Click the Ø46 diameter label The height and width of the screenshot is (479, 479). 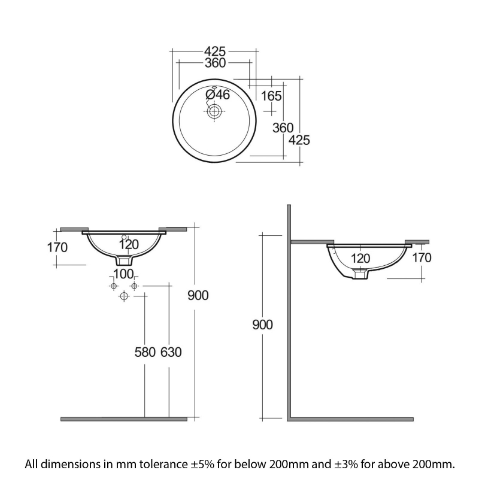pyautogui.click(x=218, y=94)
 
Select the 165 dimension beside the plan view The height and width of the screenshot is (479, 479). pyautogui.click(x=271, y=96)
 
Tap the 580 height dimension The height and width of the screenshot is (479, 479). pyautogui.click(x=144, y=352)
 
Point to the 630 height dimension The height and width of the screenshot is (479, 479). pyautogui.click(x=171, y=352)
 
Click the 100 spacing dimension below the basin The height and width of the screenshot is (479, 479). pyautogui.click(x=123, y=274)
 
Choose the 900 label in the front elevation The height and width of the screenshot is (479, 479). pyautogui.click(x=198, y=295)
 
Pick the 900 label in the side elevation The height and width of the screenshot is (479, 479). pyautogui.click(x=262, y=325)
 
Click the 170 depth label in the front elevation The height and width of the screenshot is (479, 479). pyautogui.click(x=57, y=247)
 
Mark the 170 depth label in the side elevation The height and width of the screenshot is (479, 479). pyautogui.click(x=422, y=257)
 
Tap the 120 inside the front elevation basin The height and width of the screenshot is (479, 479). pyautogui.click(x=128, y=244)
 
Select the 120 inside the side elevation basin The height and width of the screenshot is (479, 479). pyautogui.click(x=360, y=258)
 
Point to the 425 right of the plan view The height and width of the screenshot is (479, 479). pyautogui.click(x=299, y=140)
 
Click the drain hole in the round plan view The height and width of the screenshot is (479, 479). pyautogui.click(x=214, y=110)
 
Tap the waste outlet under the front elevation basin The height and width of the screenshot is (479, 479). pyautogui.click(x=124, y=260)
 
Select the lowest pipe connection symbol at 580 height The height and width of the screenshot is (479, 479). pyautogui.click(x=125, y=296)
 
